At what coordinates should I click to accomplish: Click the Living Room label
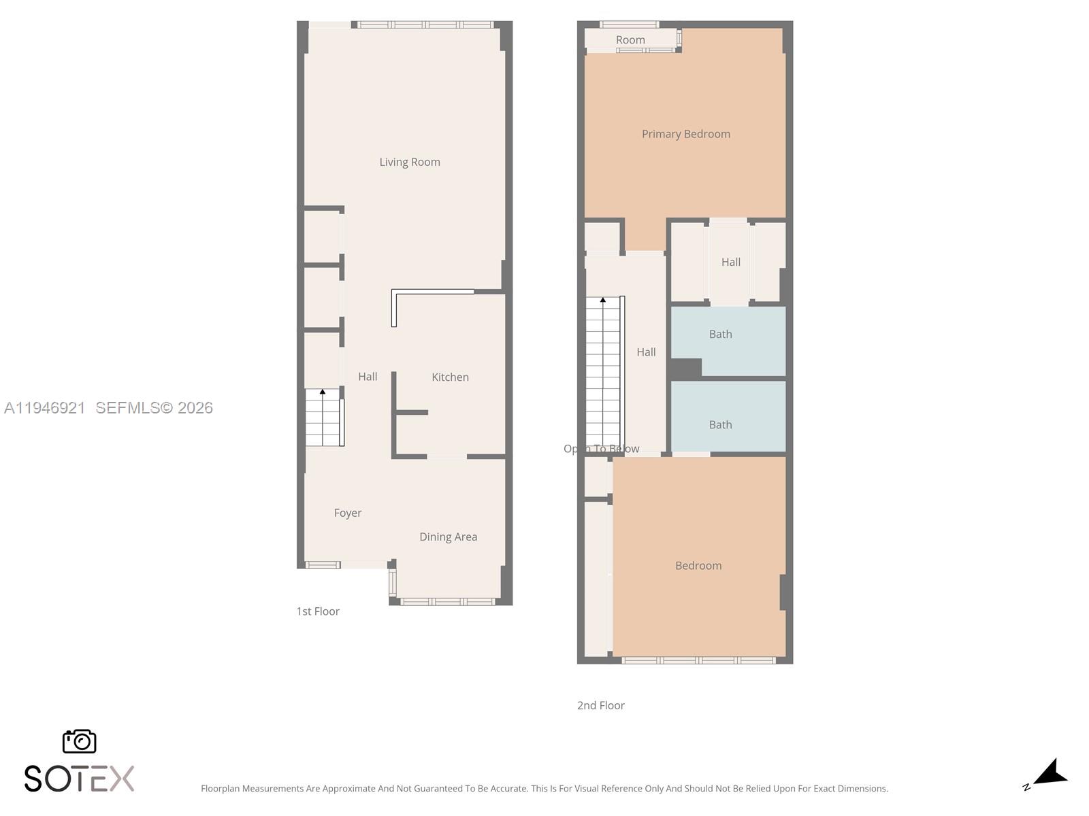[410, 162]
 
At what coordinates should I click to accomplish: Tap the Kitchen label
[450, 377]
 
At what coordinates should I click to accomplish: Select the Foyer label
[347, 513]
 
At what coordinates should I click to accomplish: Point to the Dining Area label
[448, 537]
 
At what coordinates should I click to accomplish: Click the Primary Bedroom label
[685, 134]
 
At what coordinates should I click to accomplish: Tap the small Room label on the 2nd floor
[630, 40]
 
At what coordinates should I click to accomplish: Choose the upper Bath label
[720, 334]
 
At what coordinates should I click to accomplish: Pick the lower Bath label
[720, 424]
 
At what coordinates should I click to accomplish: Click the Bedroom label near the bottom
[698, 565]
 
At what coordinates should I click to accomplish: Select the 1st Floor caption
[318, 611]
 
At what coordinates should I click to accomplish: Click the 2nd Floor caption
[600, 705]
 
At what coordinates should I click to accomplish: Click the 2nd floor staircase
[604, 371]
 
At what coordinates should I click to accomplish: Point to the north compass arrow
[1050, 774]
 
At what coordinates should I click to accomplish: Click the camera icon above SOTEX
[80, 741]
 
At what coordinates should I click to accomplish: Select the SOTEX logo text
[79, 779]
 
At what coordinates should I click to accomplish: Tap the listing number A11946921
[45, 407]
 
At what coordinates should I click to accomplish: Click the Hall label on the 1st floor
[368, 376]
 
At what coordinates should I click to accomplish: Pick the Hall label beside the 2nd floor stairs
[646, 352]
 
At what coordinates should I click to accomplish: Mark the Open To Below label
[601, 449]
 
